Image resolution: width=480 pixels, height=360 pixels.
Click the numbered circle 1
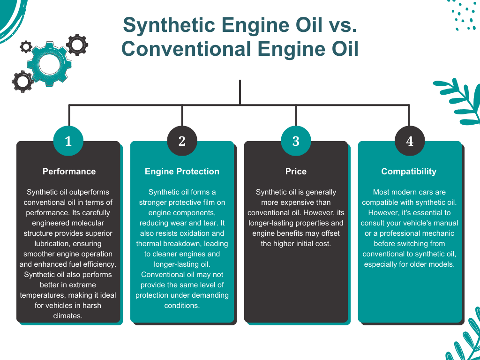[68, 141]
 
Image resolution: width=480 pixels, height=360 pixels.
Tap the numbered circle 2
[182, 141]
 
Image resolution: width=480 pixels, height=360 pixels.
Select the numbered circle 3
[296, 141]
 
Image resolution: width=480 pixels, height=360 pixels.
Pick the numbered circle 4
[410, 141]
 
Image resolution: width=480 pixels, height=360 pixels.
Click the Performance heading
[69, 172]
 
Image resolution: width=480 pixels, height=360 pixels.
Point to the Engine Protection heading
[182, 172]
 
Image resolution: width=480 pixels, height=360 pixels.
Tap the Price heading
[296, 172]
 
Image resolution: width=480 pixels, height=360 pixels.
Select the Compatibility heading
[409, 172]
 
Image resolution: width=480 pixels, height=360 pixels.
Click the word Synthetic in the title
[169, 25]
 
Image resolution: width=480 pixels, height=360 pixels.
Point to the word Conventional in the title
[187, 49]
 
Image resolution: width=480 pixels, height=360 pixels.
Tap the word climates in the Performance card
[68, 316]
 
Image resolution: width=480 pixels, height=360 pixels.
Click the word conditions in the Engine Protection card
[182, 306]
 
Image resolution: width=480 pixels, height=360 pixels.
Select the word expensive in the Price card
[296, 202]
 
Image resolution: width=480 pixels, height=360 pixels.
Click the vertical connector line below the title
[240, 92]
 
